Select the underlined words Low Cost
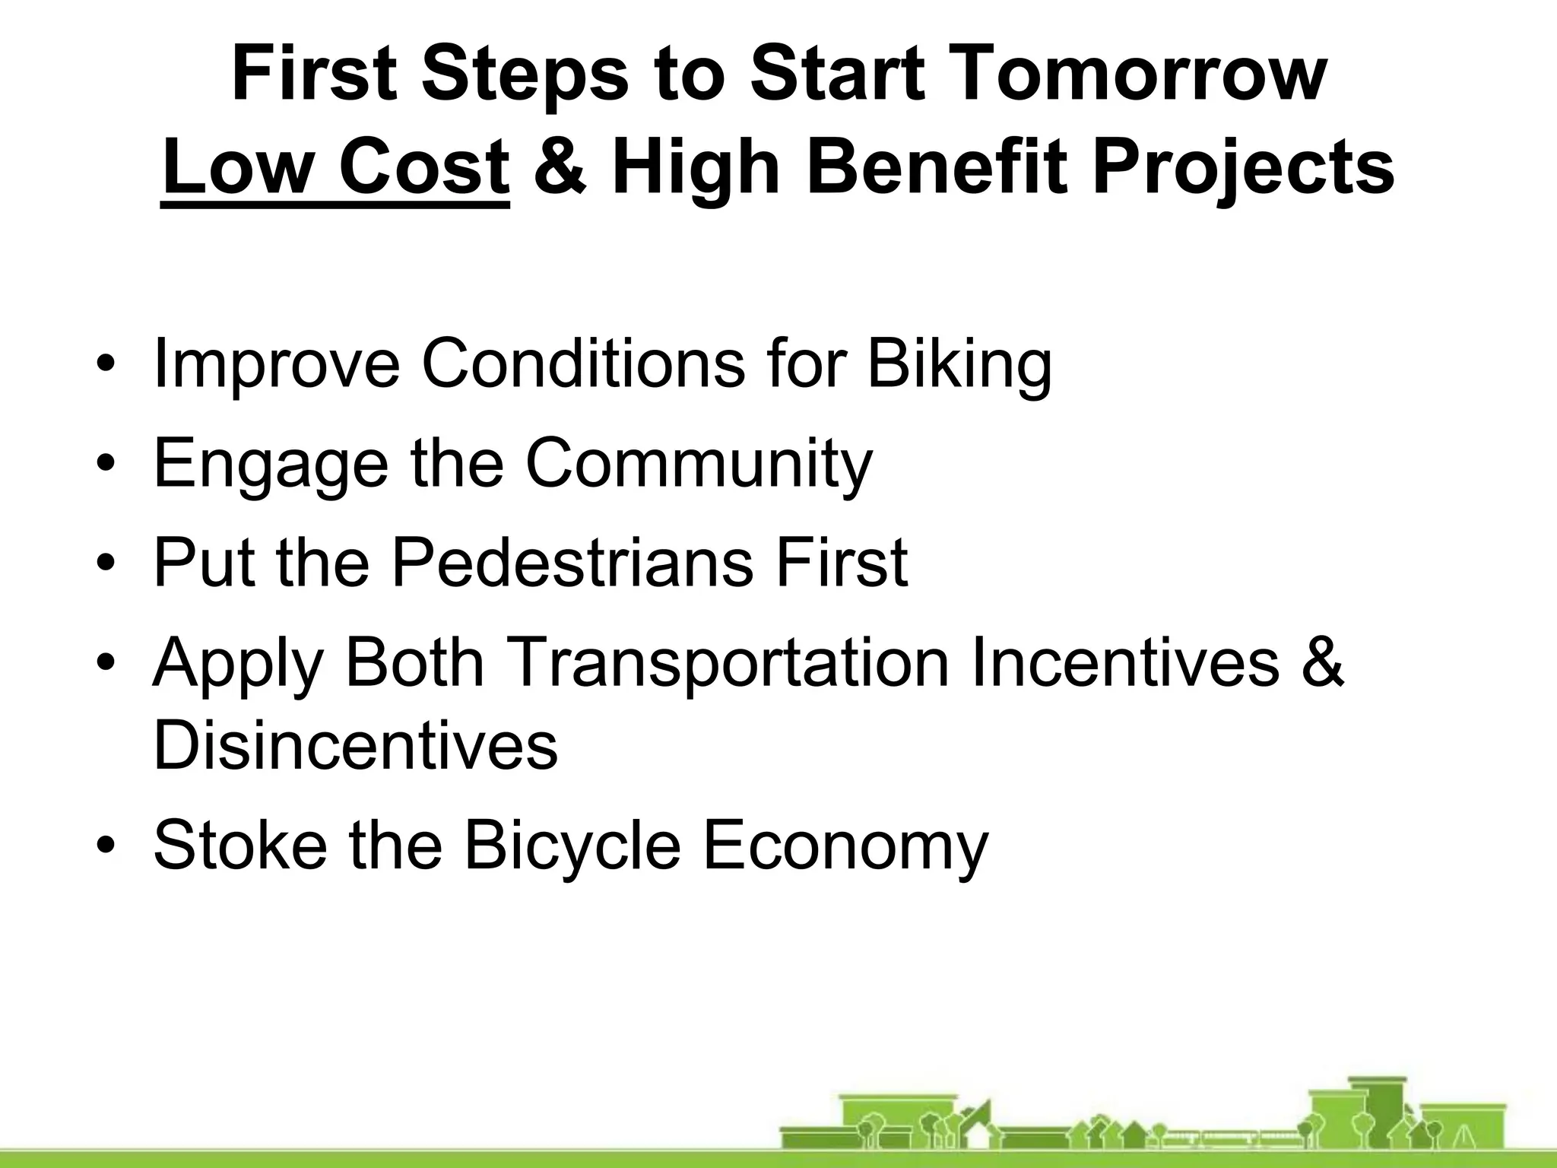[x=335, y=168]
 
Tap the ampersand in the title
[x=560, y=168]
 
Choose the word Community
[x=699, y=465]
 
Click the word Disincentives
[x=355, y=745]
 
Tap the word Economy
[x=845, y=847]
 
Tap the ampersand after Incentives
[x=1322, y=663]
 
